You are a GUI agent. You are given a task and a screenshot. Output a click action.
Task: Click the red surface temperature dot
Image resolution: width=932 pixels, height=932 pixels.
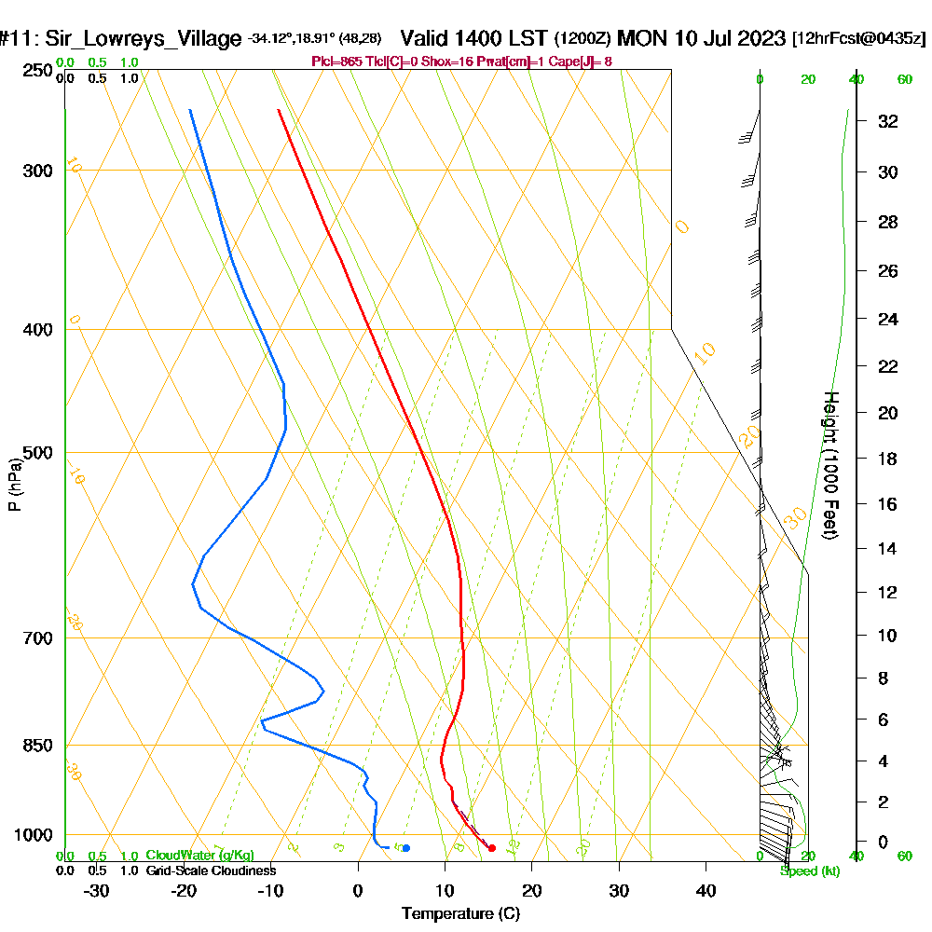click(x=492, y=847)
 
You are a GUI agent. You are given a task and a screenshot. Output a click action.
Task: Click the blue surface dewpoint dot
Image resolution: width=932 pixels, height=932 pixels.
click(x=405, y=847)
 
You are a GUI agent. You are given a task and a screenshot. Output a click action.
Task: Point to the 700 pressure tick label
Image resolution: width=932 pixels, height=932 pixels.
click(x=36, y=638)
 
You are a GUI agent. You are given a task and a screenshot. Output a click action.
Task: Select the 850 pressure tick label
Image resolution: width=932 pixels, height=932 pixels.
click(x=36, y=746)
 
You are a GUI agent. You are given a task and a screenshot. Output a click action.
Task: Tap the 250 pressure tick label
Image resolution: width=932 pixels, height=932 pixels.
click(x=36, y=71)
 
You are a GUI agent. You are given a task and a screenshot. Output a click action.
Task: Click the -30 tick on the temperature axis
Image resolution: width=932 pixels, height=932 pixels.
click(x=97, y=890)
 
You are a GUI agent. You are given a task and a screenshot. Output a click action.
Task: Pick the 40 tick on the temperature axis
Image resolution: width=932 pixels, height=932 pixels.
click(x=706, y=890)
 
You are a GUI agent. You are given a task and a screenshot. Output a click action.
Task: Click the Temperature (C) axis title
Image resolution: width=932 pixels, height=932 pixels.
click(x=460, y=914)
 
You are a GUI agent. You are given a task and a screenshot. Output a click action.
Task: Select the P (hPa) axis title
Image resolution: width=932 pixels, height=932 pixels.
click(x=14, y=484)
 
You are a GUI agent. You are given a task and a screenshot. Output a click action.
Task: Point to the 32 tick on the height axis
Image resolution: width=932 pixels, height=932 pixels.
click(x=887, y=121)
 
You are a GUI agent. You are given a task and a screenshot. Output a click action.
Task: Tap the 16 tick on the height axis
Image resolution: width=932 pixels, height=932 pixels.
click(x=887, y=504)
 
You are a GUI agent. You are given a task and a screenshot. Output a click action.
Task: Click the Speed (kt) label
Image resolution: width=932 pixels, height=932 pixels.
click(x=810, y=870)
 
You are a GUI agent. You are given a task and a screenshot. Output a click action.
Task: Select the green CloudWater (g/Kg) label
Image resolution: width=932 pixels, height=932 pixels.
click(x=199, y=856)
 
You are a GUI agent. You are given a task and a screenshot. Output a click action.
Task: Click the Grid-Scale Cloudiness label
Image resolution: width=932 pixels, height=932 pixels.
click(x=211, y=870)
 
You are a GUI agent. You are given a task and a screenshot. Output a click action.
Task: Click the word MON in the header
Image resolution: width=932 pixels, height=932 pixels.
click(x=639, y=38)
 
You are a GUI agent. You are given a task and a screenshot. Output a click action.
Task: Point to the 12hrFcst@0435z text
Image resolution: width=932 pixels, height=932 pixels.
click(x=858, y=39)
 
